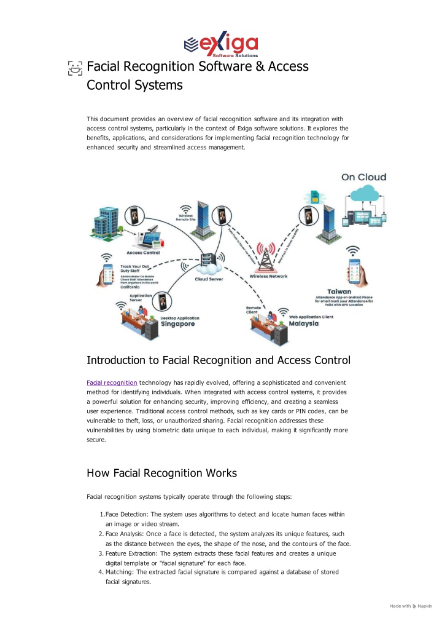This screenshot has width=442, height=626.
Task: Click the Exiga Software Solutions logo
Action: click(x=221, y=44)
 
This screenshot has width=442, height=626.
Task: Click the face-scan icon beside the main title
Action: click(x=75, y=67)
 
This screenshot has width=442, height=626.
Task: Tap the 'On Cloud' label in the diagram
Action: click(x=363, y=177)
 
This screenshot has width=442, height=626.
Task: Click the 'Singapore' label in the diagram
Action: click(x=179, y=324)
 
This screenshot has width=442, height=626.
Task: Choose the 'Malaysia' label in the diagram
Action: click(x=304, y=324)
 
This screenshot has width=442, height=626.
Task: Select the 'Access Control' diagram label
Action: click(x=143, y=253)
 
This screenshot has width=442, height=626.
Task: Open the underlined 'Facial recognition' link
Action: click(x=112, y=382)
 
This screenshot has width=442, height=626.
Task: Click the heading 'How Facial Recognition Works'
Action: click(x=161, y=473)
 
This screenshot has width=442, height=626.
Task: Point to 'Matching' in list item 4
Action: click(x=118, y=572)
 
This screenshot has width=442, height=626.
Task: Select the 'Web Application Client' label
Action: click(x=311, y=317)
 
